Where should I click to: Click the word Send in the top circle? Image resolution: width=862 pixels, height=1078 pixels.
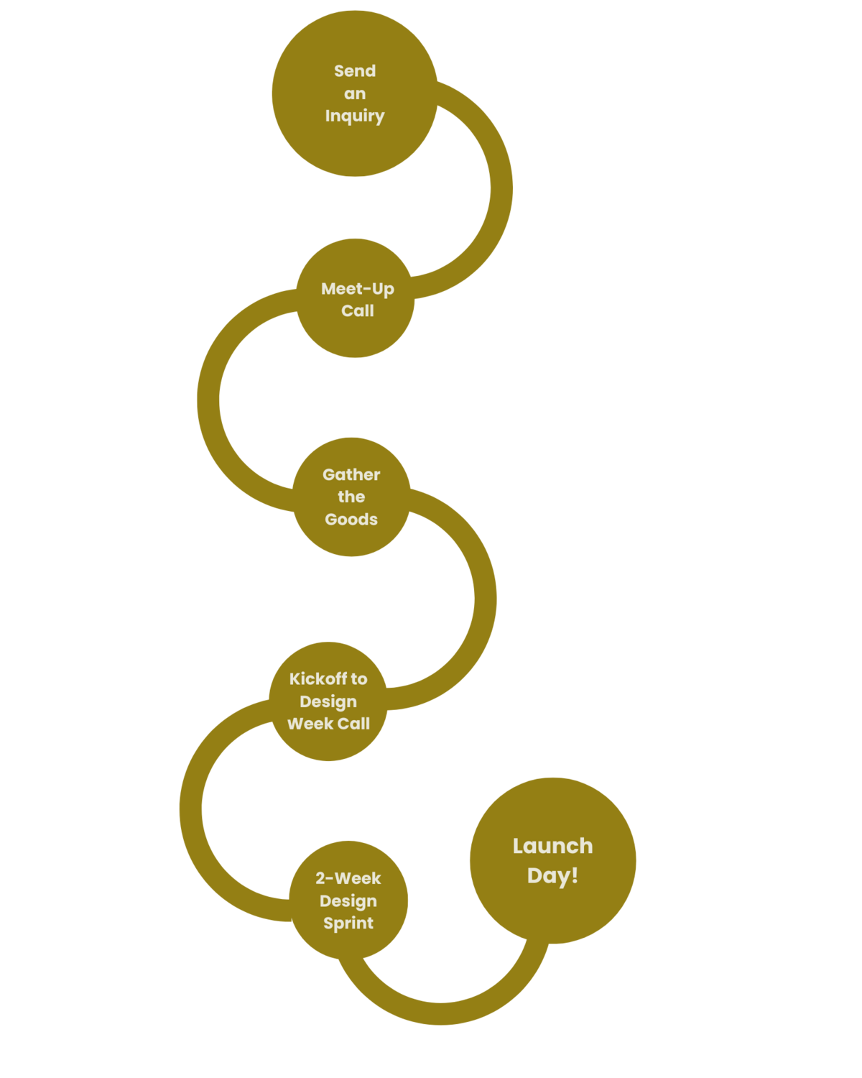pyautogui.click(x=355, y=71)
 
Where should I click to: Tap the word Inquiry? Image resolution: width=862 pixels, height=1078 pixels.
pyautogui.click(x=355, y=116)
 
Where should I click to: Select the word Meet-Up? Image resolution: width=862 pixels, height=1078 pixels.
pyautogui.click(x=357, y=289)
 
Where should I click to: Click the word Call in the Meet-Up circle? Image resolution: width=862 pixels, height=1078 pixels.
pyautogui.click(x=357, y=311)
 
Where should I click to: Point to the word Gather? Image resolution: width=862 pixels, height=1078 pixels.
pyautogui.click(x=351, y=474)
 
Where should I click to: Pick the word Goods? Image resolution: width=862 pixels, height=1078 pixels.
pyautogui.click(x=351, y=519)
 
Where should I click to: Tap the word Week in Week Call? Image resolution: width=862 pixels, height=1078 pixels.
pyautogui.click(x=310, y=724)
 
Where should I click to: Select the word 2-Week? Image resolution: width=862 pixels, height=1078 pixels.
pyautogui.click(x=348, y=878)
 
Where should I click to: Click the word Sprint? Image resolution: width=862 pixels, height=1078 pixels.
pyautogui.click(x=348, y=923)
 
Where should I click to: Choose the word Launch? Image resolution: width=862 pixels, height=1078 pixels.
pyautogui.click(x=552, y=846)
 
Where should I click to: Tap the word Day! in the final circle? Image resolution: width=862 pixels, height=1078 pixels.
pyautogui.click(x=552, y=875)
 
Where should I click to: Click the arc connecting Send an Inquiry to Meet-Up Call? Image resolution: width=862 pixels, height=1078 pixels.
pyautogui.click(x=501, y=188)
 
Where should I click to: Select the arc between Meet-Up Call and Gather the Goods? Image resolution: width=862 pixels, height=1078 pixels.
pyautogui.click(x=208, y=400)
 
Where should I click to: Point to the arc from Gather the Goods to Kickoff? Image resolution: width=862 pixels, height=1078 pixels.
pyautogui.click(x=485, y=599)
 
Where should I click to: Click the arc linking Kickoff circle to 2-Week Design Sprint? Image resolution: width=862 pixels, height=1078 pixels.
pyautogui.click(x=191, y=808)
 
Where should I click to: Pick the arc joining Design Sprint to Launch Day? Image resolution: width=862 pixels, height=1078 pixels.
pyautogui.click(x=441, y=1013)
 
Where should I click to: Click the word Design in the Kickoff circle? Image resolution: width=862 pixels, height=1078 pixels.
pyautogui.click(x=328, y=701)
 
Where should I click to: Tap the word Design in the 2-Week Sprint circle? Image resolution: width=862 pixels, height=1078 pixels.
pyautogui.click(x=348, y=900)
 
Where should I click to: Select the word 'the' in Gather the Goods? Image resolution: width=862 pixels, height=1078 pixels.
pyautogui.click(x=351, y=497)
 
